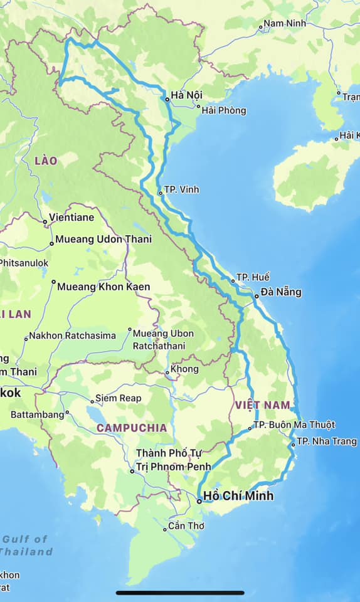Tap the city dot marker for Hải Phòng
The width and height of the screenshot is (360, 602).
[x=198, y=106]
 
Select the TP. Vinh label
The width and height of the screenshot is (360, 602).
[x=181, y=189]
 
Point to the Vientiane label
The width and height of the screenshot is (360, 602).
[x=73, y=218]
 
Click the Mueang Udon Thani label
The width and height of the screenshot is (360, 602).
[x=103, y=240]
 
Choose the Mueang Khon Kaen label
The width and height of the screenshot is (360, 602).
[x=103, y=287]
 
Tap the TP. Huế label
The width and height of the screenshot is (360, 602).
[x=253, y=277]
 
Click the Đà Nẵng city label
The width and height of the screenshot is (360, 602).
[x=281, y=292]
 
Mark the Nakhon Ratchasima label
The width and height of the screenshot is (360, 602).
[x=72, y=335]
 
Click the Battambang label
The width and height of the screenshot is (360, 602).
[x=38, y=415]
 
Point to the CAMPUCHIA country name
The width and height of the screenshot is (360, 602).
[x=132, y=428]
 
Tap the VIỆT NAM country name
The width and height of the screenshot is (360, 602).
[x=263, y=405]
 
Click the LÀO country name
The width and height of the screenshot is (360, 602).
[x=46, y=161]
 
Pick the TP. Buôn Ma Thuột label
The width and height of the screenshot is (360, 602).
[x=294, y=425]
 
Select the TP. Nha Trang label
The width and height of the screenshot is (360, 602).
[x=317, y=441]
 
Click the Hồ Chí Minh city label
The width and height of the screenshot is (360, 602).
[x=239, y=496]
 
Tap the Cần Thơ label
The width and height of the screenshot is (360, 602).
[x=186, y=526]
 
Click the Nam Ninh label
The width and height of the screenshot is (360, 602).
[x=285, y=24]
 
